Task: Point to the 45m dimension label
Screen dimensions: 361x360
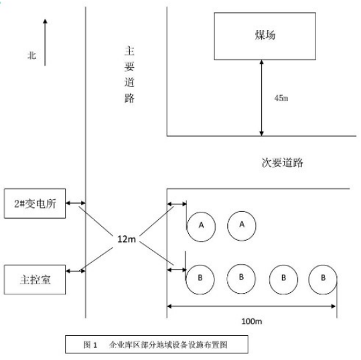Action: [x=281, y=98]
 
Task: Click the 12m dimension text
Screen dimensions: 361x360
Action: [x=127, y=239]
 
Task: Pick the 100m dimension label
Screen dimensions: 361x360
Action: [x=251, y=321]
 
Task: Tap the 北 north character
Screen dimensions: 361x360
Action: [x=31, y=56]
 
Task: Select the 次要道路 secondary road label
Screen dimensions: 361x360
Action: [x=282, y=163]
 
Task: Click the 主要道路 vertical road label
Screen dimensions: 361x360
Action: [x=129, y=74]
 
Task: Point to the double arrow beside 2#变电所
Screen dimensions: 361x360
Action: [x=76, y=203]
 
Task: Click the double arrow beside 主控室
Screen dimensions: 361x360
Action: [x=76, y=271]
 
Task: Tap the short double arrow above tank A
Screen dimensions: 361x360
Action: [x=177, y=204]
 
